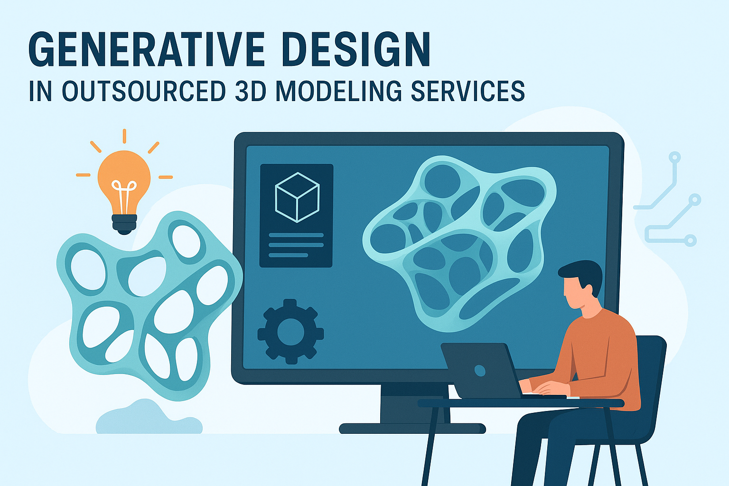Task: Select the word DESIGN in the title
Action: [x=356, y=50]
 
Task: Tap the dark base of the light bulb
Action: [x=124, y=224]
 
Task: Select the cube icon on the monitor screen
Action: [x=297, y=196]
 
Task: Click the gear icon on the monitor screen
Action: [x=290, y=331]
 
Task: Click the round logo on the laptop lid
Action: [x=480, y=370]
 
